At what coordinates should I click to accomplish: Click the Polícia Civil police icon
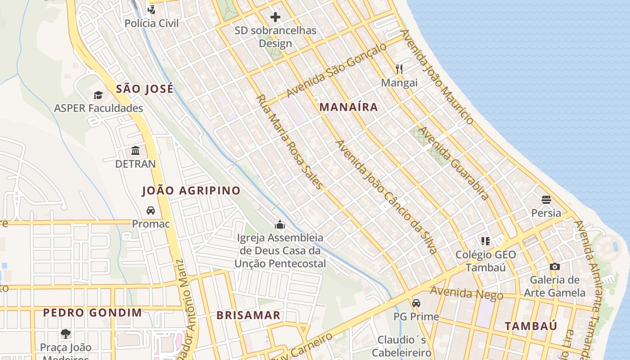[152, 9]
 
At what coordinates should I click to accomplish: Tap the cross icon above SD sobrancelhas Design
[275, 18]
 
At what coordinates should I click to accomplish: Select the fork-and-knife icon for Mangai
[399, 69]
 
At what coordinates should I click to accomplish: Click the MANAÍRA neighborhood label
[349, 107]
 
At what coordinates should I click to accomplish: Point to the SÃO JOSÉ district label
[144, 89]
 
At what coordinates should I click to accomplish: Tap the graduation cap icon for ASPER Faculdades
[98, 94]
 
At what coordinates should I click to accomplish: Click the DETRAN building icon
[135, 150]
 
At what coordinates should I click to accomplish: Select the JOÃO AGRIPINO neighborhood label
[191, 190]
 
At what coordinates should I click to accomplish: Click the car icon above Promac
[151, 210]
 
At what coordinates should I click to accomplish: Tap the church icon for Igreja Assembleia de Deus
[280, 224]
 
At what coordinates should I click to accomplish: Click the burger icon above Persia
[546, 199]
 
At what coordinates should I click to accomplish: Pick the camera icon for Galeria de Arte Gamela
[555, 266]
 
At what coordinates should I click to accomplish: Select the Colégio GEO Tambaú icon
[485, 241]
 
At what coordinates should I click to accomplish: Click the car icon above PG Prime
[416, 303]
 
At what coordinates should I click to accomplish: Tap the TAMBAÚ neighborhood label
[531, 326]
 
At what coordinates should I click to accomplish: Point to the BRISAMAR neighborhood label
[248, 315]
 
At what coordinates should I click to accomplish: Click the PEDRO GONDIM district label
[92, 312]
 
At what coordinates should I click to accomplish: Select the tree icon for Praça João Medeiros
[66, 334]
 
